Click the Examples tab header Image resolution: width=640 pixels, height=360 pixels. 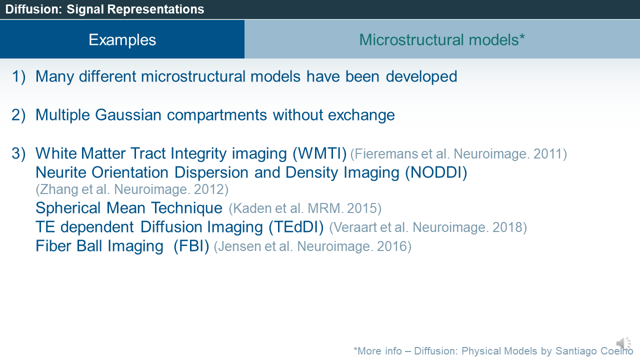122,39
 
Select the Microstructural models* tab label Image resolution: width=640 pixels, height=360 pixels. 442,39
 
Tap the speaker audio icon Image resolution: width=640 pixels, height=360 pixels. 623,343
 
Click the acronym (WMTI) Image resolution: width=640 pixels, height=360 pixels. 319,153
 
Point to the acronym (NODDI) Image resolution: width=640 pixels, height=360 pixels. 436,172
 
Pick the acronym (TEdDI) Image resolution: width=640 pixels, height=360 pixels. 296,227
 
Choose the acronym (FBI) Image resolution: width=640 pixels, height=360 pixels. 191,246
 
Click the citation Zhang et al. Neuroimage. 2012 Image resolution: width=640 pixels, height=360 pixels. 132,189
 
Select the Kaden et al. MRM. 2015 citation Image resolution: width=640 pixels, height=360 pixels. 305,208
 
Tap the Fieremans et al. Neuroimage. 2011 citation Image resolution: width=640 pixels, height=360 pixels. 458,154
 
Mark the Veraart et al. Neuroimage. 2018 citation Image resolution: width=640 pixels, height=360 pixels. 428,227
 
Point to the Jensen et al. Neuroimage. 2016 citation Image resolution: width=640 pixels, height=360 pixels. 312,246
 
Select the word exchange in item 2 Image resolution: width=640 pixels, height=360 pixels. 361,115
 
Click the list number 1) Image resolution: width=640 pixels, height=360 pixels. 18,77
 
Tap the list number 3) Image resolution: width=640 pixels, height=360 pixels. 18,153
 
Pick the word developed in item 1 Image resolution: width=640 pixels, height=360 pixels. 421,77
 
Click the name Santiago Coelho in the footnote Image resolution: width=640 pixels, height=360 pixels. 594,351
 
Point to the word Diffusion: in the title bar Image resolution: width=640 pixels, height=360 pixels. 33,9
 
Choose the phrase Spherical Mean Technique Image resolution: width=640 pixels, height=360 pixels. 129,208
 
